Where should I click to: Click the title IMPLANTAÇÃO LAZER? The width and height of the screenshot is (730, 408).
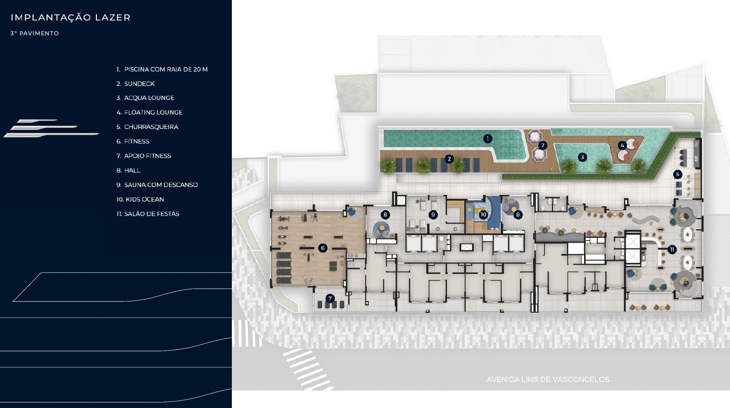coord(70,17)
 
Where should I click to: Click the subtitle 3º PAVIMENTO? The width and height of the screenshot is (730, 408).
coord(34,33)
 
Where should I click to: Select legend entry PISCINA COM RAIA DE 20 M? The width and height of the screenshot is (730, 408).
coord(162,69)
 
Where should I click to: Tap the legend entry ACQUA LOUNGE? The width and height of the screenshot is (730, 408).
coord(145,98)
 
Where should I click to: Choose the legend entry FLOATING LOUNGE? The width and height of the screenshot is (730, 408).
coord(149,112)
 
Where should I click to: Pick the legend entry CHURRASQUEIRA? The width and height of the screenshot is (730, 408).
coord(147,127)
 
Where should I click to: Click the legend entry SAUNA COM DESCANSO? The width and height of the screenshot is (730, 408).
coord(157,185)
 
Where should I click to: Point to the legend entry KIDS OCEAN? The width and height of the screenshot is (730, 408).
coord(140,199)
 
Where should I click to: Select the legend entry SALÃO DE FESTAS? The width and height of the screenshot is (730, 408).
coord(148,214)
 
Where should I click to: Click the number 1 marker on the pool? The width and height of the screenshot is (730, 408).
coord(488,138)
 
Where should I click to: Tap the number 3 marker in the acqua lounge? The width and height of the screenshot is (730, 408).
coord(583,157)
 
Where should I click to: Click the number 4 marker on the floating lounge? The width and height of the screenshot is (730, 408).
coord(622,145)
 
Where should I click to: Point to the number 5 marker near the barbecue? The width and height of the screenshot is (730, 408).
coord(678,174)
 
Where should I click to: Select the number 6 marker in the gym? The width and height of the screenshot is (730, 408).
coord(323,248)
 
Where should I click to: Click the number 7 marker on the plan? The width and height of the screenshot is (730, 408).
coord(330,298)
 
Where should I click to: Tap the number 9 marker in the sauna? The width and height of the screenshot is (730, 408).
coord(433,214)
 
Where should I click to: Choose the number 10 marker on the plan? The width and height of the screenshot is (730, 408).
coord(483,214)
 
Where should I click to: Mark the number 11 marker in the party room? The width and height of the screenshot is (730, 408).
coord(672,249)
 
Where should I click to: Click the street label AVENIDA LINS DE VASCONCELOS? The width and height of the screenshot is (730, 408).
coord(548,379)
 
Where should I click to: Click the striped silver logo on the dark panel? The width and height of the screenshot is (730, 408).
coord(51,128)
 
